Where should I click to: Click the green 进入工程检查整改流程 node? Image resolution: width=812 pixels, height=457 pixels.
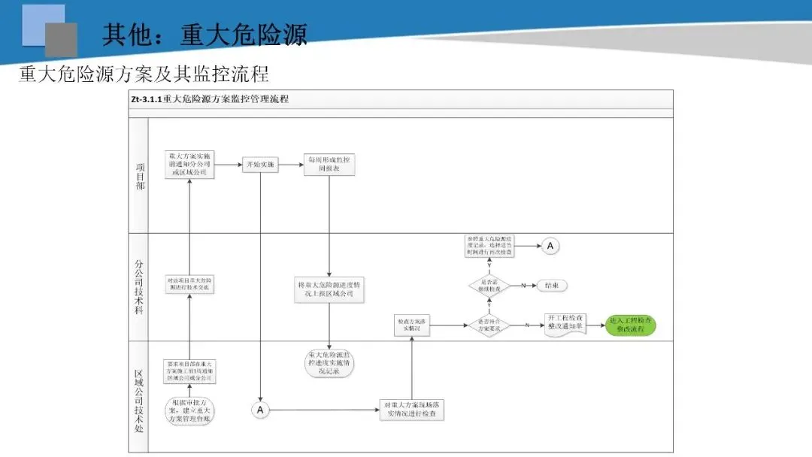630,325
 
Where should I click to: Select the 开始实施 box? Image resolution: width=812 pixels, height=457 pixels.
260,165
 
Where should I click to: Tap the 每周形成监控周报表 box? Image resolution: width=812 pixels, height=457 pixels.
330,165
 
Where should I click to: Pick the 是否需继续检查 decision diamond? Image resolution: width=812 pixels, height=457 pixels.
489,286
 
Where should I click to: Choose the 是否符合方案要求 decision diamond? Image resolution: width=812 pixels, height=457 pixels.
489,325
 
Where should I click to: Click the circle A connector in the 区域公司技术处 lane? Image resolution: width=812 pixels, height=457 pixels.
260,410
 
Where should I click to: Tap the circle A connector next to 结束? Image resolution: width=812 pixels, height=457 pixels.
550,246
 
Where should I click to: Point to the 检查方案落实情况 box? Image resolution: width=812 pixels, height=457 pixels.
412,325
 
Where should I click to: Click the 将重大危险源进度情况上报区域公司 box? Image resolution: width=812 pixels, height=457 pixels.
330,289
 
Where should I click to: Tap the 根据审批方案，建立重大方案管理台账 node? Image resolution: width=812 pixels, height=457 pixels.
189,410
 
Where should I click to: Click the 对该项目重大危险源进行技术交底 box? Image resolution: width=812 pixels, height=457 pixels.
189,284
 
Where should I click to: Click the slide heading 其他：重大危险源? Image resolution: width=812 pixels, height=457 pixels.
205,35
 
